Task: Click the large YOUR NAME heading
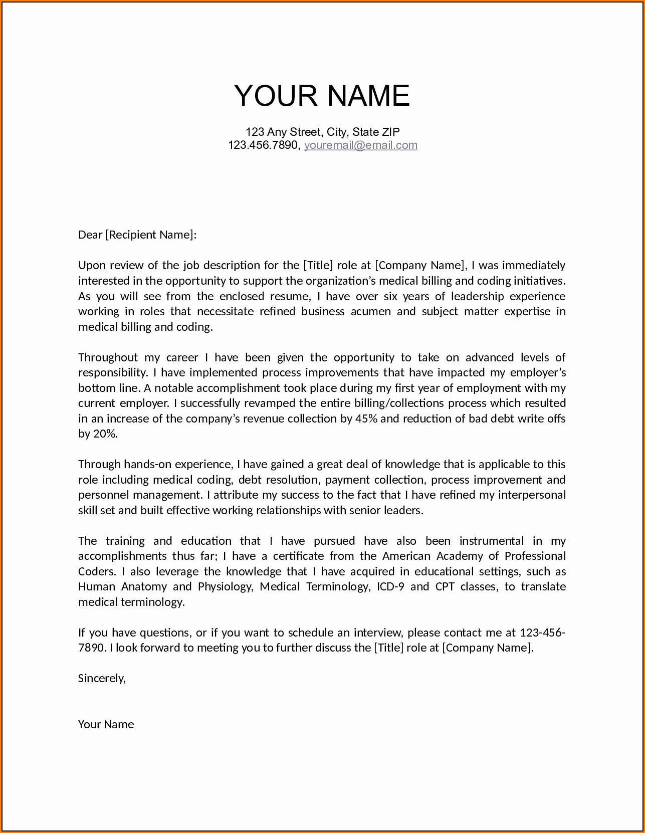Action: (x=322, y=95)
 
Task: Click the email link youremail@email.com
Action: (x=360, y=145)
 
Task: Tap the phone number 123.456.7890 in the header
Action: (x=263, y=145)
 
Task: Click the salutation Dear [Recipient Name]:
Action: (x=137, y=235)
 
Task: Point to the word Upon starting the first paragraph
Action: (x=92, y=265)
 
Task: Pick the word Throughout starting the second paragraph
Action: (x=108, y=357)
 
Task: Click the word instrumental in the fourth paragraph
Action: (x=491, y=541)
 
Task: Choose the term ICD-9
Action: (x=390, y=586)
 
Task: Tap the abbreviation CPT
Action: (x=445, y=586)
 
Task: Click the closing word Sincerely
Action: (x=102, y=678)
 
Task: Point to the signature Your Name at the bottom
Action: (x=106, y=724)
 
